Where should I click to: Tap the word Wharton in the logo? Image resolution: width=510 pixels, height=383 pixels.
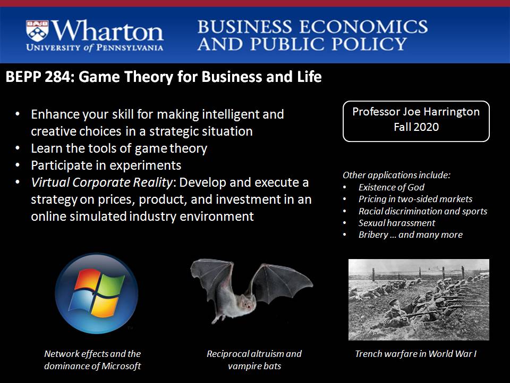pos(107,31)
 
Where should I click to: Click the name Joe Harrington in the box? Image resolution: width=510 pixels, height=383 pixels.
pos(441,112)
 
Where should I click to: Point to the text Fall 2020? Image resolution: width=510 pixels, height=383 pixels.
pos(416,127)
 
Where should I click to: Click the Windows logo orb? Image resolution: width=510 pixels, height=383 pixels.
pos(97,293)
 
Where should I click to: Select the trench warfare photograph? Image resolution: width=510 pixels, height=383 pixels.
pos(419,299)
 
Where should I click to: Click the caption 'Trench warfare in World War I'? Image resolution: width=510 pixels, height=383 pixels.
pos(415,354)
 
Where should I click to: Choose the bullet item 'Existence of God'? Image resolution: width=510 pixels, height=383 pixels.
pos(392,187)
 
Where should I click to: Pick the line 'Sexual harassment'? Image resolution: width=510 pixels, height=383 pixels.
pos(396,223)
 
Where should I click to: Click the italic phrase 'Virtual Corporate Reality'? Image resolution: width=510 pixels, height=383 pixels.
pos(101,182)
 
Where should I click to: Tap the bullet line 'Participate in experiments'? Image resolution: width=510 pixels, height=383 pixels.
pos(106,165)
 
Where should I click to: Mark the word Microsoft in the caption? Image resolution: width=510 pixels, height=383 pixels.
pos(121,366)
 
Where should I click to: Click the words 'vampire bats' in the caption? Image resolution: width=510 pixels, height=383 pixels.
pos(254,366)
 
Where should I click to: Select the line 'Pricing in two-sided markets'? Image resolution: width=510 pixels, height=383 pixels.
pos(415,199)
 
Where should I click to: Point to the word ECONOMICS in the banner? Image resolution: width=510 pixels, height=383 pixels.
pos(363,27)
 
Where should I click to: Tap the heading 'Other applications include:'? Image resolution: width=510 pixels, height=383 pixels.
pos(396,175)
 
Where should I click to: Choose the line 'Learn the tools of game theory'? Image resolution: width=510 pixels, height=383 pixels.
pos(119,148)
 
